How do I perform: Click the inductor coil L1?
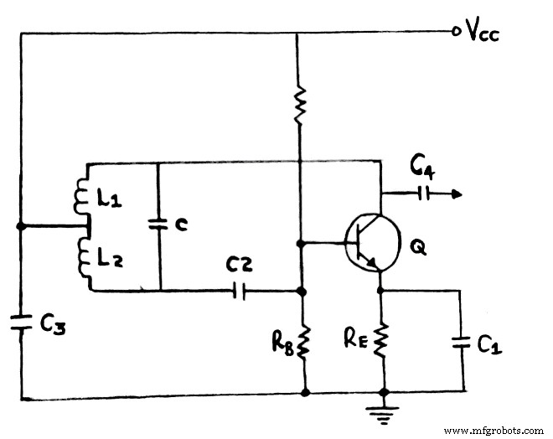pyautogui.click(x=84, y=198)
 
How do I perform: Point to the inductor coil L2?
pyautogui.click(x=84, y=255)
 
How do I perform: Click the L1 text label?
pyautogui.click(x=109, y=199)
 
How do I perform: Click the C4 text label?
pyautogui.click(x=422, y=169)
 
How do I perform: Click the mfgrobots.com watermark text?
pyautogui.click(x=493, y=431)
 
